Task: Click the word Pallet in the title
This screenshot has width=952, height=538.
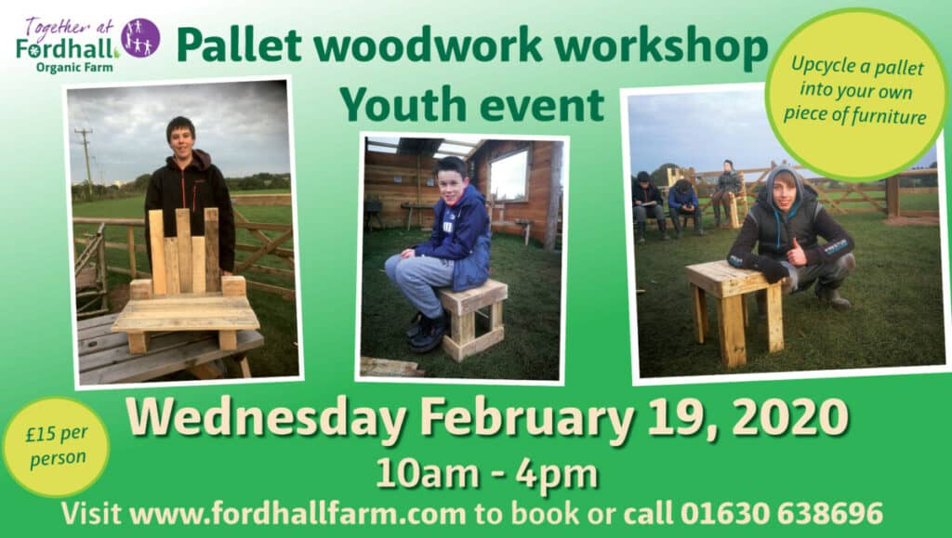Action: pos(240,46)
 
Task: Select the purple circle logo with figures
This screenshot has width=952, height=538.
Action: pos(140,37)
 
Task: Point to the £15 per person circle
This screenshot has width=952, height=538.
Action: pos(56,447)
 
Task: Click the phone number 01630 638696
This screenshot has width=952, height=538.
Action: pos(781,513)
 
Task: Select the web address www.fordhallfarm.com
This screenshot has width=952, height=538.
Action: pos(297,514)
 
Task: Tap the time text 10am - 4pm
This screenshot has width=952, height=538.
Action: pos(487,474)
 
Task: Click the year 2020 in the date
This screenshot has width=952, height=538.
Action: pos(790,418)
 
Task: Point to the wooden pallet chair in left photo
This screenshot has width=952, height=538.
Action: pos(186,281)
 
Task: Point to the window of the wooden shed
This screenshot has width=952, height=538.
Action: pos(509,175)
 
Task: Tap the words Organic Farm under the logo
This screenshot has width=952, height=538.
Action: pos(74,67)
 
